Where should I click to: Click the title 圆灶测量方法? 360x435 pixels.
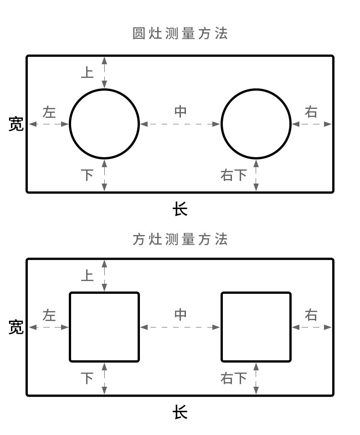tap(180, 34)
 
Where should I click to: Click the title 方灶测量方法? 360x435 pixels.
tap(180, 239)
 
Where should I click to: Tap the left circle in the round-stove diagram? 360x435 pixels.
tap(104, 123)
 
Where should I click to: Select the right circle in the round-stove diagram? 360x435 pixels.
tap(256, 123)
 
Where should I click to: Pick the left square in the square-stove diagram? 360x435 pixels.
tap(104, 327)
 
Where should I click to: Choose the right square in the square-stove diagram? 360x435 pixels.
tap(256, 327)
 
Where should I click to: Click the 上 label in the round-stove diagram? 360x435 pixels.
tap(87, 72)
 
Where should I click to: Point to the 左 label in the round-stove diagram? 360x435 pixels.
tap(49, 112)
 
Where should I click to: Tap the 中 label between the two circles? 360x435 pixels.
tap(180, 112)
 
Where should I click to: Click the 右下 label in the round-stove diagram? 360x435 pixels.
tap(234, 175)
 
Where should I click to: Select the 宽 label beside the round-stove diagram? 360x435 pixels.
tap(16, 123)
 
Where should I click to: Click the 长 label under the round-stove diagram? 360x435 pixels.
tap(180, 210)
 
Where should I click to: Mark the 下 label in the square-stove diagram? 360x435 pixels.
tap(87, 378)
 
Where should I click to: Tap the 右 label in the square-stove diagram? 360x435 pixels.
tap(311, 315)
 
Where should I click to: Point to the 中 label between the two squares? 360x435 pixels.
tap(180, 315)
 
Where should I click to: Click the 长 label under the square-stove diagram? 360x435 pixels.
tap(180, 413)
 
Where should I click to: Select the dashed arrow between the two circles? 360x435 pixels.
tap(180, 123)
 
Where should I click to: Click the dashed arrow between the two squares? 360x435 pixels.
tap(180, 327)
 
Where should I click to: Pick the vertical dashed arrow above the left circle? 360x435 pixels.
tap(105, 72)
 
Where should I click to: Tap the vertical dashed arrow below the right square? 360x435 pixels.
tap(256, 379)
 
